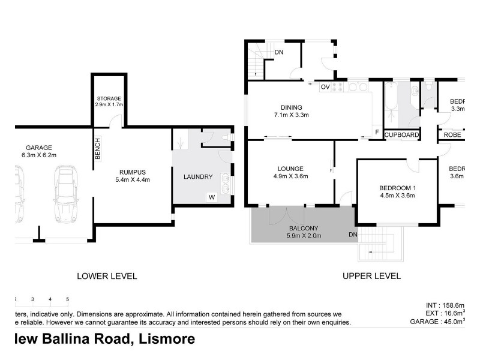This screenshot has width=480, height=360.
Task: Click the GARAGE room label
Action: coord(39,148)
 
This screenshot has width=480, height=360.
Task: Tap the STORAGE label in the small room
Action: coord(109,98)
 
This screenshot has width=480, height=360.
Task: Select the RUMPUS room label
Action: coord(132,170)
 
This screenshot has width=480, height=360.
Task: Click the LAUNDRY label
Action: coord(198,177)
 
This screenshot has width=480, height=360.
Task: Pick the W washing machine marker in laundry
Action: coord(211,196)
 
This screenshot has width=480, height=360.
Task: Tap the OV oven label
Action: coord(325,88)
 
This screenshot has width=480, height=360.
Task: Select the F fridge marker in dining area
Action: coord(376,132)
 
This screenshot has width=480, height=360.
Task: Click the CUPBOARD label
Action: coord(401,135)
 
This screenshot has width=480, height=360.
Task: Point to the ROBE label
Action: coord(452,135)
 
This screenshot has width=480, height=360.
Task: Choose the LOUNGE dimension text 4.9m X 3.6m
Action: coord(290,176)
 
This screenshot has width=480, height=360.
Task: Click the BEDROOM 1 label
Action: coord(397,186)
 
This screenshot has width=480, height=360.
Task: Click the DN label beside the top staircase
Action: coord(279,52)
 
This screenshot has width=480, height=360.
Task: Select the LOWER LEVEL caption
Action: coord(107,277)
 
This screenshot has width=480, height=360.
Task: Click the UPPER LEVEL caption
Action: coord(371,277)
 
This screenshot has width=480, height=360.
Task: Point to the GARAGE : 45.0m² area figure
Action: coord(443,322)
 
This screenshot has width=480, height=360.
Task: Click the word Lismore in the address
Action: coord(167,339)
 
